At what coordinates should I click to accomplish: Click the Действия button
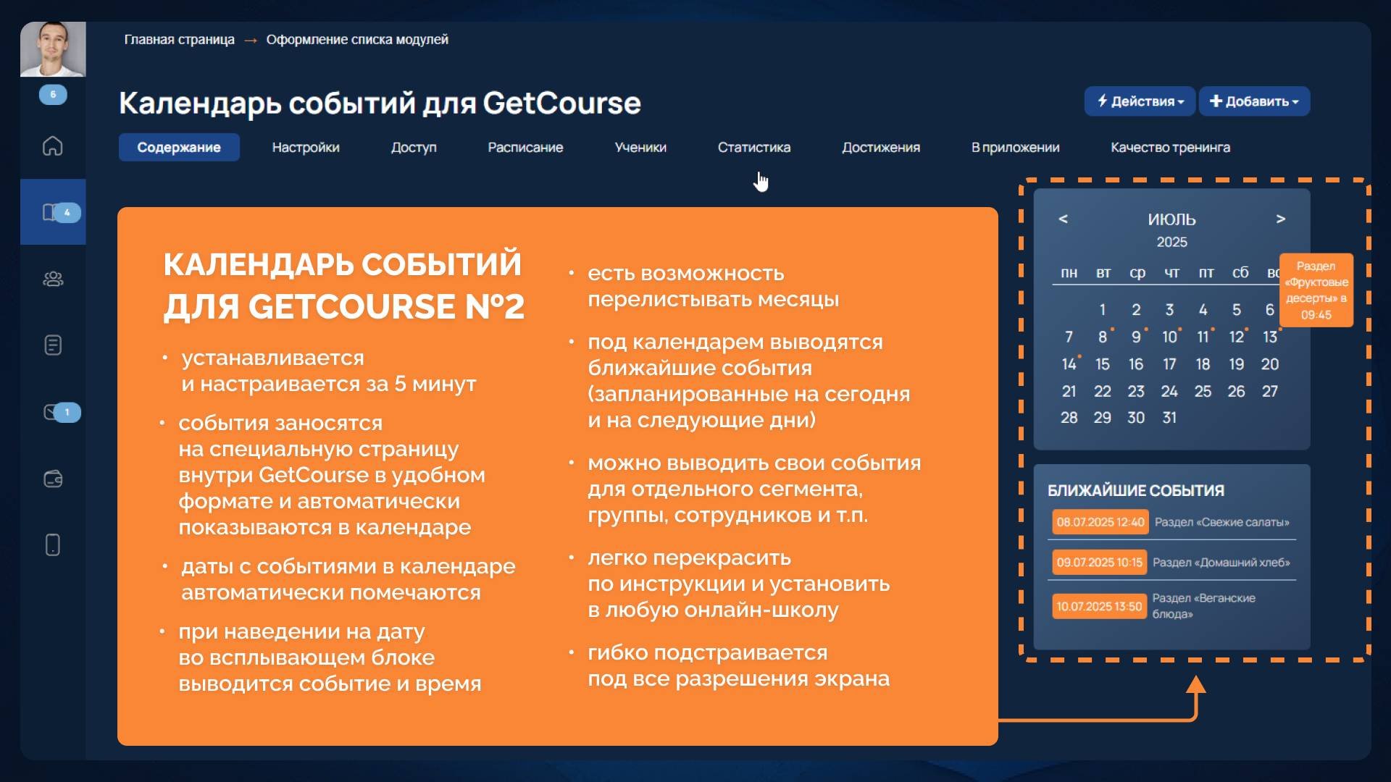click(1140, 101)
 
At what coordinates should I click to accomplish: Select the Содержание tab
click(179, 147)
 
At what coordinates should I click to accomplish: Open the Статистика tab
click(753, 147)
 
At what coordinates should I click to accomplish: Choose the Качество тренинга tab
click(1170, 147)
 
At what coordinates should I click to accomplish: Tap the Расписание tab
click(525, 147)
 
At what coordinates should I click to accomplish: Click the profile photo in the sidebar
click(53, 49)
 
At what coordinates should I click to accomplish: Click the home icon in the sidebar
click(53, 146)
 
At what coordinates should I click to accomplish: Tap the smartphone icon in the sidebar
click(53, 545)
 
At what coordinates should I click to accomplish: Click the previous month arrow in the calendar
click(1063, 219)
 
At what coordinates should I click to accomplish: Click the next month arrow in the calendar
click(1281, 219)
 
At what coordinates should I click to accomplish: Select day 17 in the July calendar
click(1169, 364)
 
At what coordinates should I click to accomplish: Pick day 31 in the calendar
click(1169, 418)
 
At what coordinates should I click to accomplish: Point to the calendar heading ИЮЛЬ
click(1171, 219)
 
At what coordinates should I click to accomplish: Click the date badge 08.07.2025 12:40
click(1100, 522)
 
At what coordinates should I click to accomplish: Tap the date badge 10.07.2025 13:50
click(1099, 606)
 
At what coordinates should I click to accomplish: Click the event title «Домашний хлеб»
click(1221, 563)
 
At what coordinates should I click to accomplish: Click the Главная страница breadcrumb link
click(179, 40)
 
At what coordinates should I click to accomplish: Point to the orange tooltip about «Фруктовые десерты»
click(1316, 290)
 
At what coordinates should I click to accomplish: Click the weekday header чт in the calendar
click(1171, 273)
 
